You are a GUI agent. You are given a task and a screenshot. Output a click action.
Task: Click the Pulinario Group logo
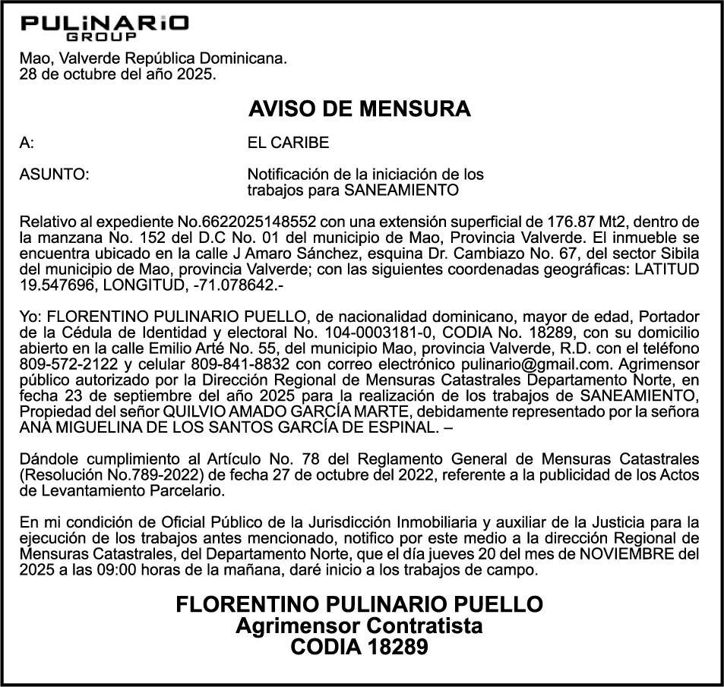coord(105,28)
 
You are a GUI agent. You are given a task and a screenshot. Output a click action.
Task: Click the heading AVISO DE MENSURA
coord(359,109)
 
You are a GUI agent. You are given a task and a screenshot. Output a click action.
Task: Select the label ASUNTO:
coord(54,175)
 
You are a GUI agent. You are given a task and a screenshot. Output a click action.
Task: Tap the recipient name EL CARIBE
coord(289,143)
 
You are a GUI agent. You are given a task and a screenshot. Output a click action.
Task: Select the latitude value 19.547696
coord(52,285)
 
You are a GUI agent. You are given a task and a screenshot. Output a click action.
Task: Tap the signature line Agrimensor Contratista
coord(359,626)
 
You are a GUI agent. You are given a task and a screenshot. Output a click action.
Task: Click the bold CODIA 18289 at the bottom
coord(359,648)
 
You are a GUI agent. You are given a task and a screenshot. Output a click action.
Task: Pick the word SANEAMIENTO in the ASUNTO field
coord(401,190)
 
